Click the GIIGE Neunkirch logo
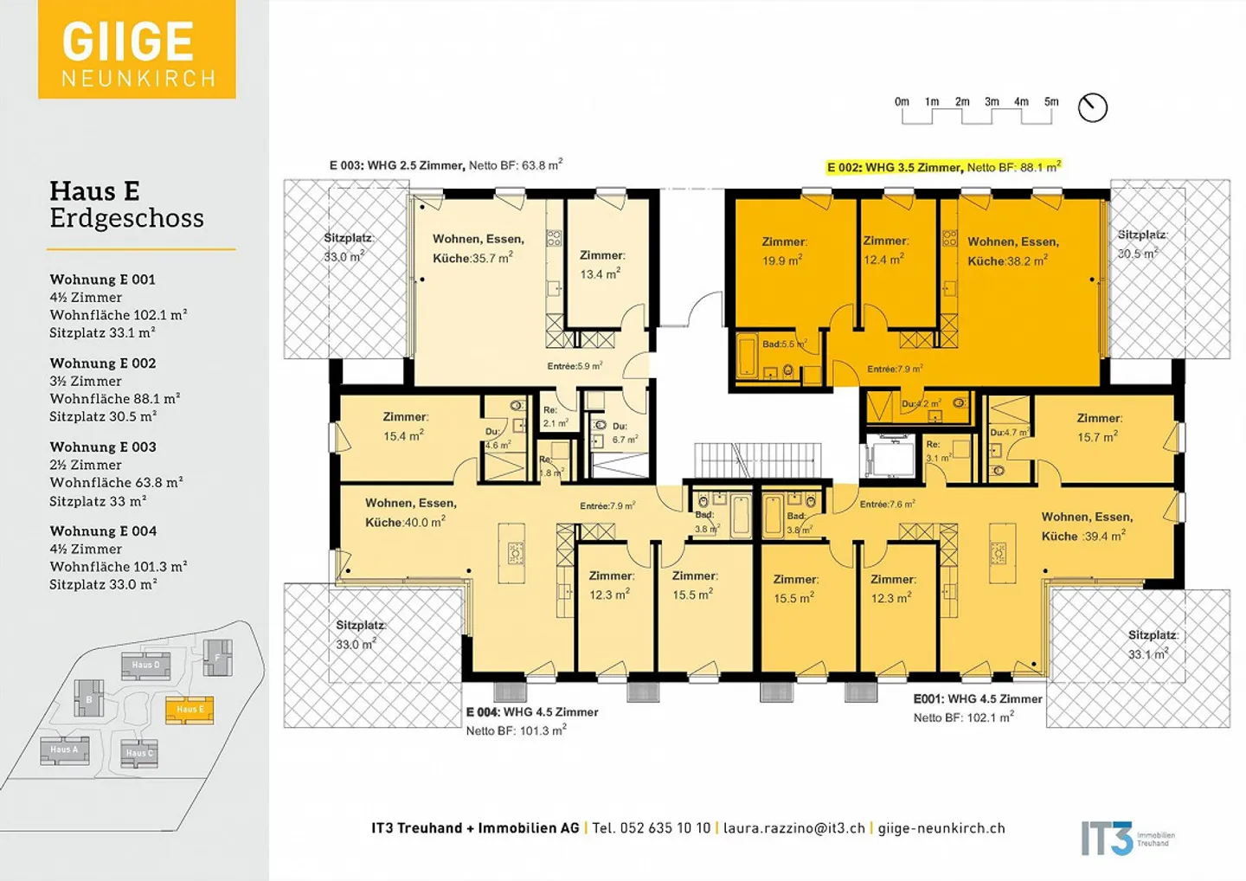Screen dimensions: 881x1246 click(x=137, y=49)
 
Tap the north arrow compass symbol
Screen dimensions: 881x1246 click(x=1093, y=107)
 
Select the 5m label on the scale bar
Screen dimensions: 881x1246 click(x=1051, y=102)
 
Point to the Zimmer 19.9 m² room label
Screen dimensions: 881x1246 click(x=784, y=251)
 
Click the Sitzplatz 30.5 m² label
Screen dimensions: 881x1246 click(x=1142, y=244)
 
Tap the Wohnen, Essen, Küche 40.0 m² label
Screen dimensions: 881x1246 click(x=409, y=512)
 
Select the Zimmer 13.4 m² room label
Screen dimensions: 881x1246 click(x=601, y=265)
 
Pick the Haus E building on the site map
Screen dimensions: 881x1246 click(x=189, y=710)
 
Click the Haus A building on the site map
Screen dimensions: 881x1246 click(x=65, y=749)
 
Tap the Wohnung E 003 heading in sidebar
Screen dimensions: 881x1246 click(x=103, y=447)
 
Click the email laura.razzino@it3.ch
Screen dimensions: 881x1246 click(x=793, y=828)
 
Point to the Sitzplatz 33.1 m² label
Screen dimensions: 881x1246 click(x=1152, y=645)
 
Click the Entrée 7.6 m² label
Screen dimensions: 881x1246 click(x=887, y=505)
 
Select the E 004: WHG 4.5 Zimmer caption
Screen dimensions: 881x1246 click(x=532, y=712)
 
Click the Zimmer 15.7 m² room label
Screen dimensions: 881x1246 click(x=1099, y=428)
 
